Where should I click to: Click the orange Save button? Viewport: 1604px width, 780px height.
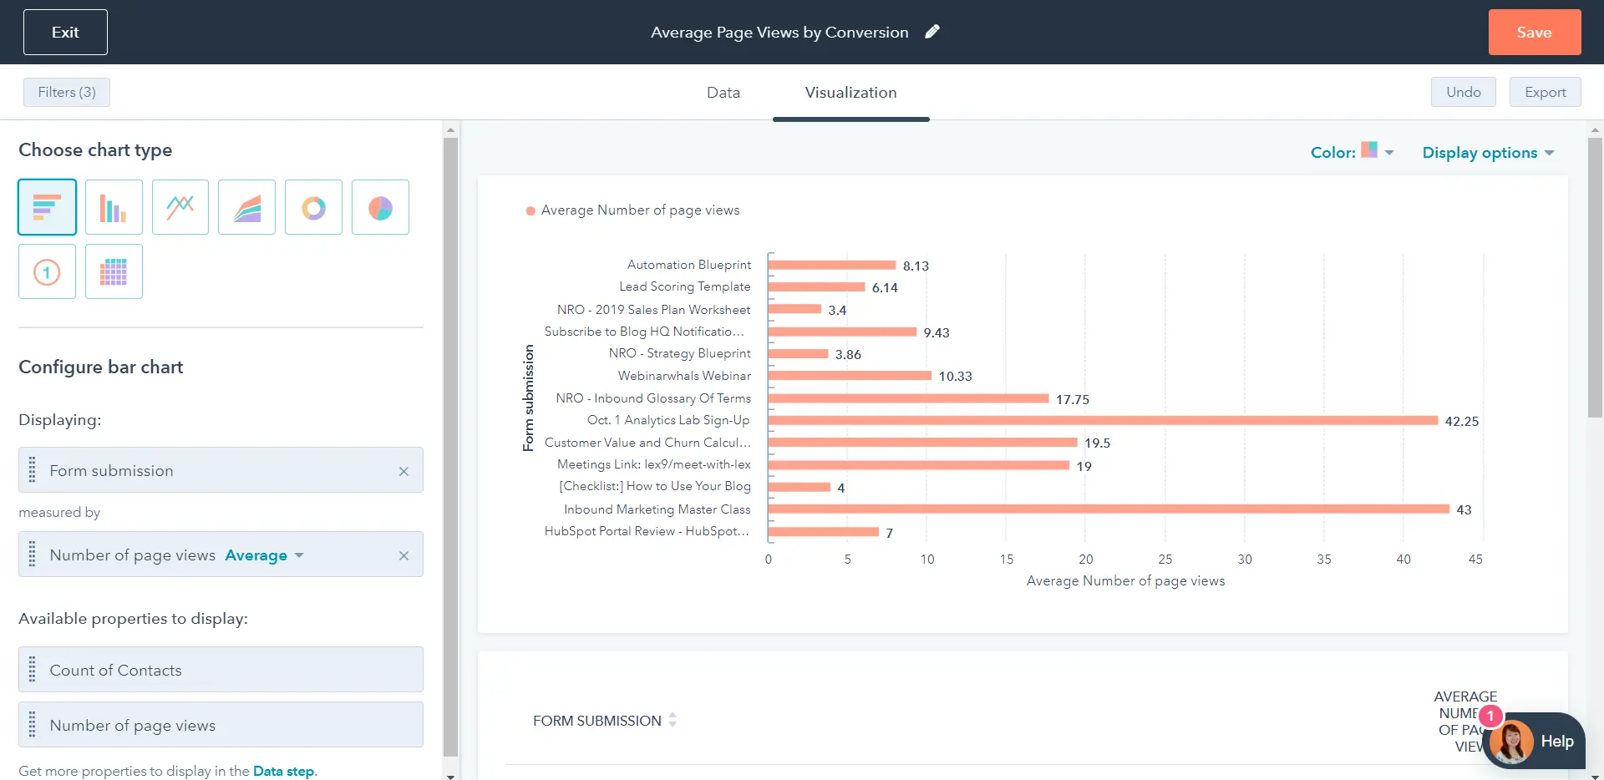(1534, 33)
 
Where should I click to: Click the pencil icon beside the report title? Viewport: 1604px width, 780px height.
(932, 32)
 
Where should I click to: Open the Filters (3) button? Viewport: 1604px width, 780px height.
(67, 92)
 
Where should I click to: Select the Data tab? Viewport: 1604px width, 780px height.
(723, 93)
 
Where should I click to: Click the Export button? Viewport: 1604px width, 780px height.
(1545, 92)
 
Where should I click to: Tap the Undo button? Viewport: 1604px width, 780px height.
(1463, 92)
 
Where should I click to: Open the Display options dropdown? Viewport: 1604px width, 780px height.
(1487, 153)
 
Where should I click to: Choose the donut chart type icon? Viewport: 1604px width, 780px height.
(313, 207)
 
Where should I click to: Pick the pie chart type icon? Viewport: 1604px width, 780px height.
(380, 207)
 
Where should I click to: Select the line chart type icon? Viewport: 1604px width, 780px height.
(180, 207)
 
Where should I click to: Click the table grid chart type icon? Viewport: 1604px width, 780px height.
(114, 271)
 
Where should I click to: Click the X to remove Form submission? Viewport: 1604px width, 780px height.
(404, 471)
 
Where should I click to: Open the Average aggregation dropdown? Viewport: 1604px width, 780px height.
(264, 555)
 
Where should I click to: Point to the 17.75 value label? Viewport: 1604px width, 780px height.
(1072, 400)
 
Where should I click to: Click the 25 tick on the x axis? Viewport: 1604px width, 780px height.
(1165, 560)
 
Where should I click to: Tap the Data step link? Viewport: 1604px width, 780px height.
(283, 771)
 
